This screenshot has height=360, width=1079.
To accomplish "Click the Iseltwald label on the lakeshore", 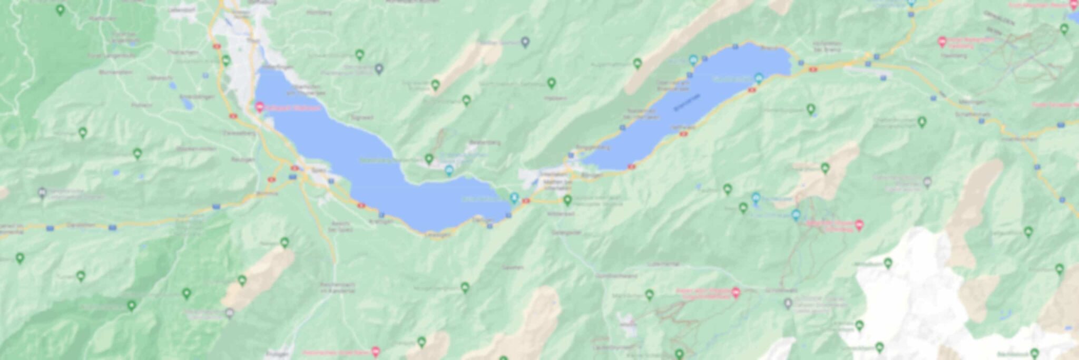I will [x=683, y=128].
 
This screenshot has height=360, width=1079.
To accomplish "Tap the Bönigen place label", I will [x=592, y=174].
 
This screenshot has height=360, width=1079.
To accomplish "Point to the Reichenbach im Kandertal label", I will [x=337, y=287].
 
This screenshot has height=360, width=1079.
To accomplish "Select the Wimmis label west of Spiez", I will [x=266, y=194].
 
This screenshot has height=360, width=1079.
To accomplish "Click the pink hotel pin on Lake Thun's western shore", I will [x=260, y=107].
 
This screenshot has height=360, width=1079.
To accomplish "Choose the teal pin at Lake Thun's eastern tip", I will [x=514, y=198].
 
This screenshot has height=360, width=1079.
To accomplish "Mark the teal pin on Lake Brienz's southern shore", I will [x=759, y=79].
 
